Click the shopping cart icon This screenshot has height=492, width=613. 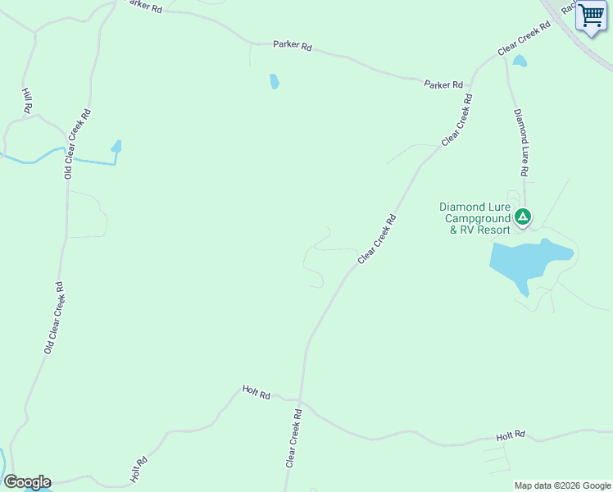pyautogui.click(x=591, y=16)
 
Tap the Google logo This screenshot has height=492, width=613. pyautogui.click(x=27, y=482)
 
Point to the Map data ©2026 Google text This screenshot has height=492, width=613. pyautogui.click(x=563, y=485)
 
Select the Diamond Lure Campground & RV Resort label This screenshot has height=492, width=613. pyautogui.click(x=475, y=218)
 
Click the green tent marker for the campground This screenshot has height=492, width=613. pyautogui.click(x=523, y=217)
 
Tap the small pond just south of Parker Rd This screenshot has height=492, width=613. pyautogui.click(x=275, y=81)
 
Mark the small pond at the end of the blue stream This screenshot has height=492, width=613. pyautogui.click(x=116, y=147)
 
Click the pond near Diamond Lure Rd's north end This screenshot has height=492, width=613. pyautogui.click(x=520, y=61)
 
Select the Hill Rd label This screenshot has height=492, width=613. pyautogui.click(x=27, y=101)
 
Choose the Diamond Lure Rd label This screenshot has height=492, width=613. pyautogui.click(x=519, y=143)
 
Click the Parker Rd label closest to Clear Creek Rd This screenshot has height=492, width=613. pyautogui.click(x=443, y=84)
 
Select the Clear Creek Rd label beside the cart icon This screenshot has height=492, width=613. pyautogui.click(x=524, y=39)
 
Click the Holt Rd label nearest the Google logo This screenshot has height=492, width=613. pyautogui.click(x=138, y=470)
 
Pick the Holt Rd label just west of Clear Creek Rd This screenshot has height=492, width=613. pyautogui.click(x=256, y=393)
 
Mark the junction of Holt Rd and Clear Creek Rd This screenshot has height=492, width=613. pyautogui.click(x=301, y=402)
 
